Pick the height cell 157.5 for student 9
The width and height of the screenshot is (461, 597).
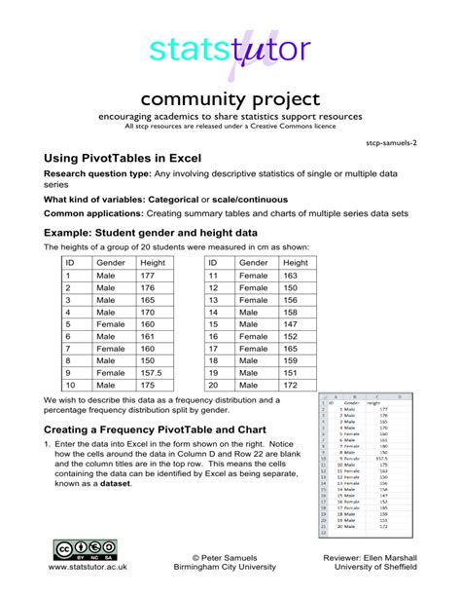(x=153, y=372)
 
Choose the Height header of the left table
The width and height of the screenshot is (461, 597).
(x=154, y=262)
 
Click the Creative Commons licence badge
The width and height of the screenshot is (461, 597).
(x=86, y=550)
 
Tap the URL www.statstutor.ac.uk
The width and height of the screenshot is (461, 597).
(x=86, y=566)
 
